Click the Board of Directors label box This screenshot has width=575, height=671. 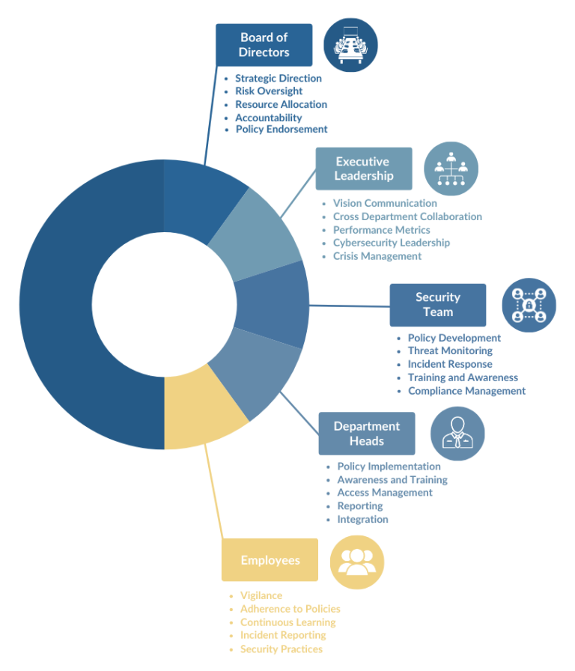(x=264, y=45)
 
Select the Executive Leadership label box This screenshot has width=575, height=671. (x=364, y=168)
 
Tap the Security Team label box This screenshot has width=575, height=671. (x=438, y=305)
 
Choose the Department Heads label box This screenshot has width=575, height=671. (x=367, y=434)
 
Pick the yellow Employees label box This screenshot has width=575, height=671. (x=270, y=559)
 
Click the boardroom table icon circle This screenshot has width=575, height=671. (x=350, y=45)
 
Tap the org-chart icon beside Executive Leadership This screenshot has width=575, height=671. (x=451, y=168)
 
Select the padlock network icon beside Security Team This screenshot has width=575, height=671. (x=529, y=305)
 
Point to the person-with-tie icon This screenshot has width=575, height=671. (x=457, y=434)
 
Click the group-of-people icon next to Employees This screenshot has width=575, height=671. (x=357, y=562)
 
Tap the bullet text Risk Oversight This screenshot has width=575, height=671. (x=269, y=91)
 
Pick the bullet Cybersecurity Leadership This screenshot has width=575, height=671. (x=392, y=243)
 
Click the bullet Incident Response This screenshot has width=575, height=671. (x=450, y=364)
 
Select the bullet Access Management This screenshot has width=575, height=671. (x=385, y=493)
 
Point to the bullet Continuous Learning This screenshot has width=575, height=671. (x=288, y=622)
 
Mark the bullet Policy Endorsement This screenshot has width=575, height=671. (x=282, y=130)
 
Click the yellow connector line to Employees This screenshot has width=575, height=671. (x=213, y=491)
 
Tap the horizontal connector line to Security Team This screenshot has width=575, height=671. (x=350, y=306)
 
